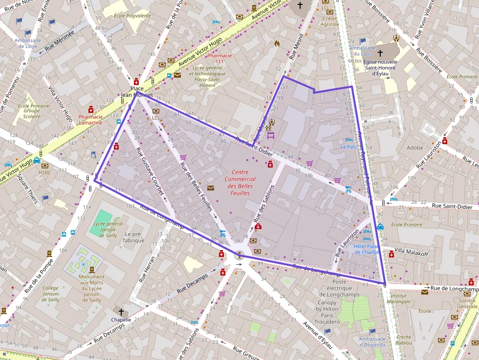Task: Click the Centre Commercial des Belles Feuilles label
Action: coord(240,183)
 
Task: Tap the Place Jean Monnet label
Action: coord(137,92)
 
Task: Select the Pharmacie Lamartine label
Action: coord(90,120)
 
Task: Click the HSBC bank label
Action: coord(45,172)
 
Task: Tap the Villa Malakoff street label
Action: coord(411,254)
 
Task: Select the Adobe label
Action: coord(414,148)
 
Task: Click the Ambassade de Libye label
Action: coord(27,43)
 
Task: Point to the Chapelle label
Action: coord(121,320)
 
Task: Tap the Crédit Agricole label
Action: coord(330,21)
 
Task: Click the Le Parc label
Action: coord(349,147)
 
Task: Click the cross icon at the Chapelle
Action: coord(121,311)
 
